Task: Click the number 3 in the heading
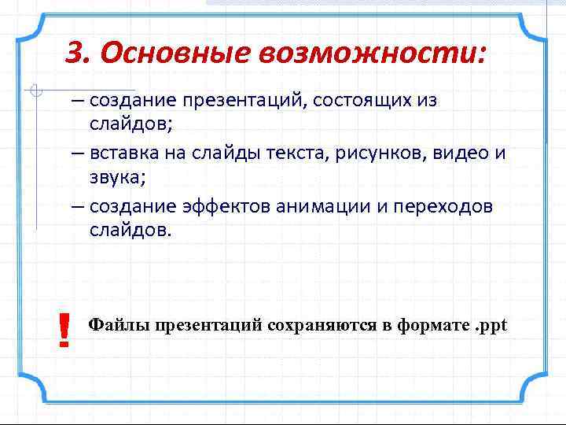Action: pos(75,53)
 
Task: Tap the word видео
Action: pos(454,152)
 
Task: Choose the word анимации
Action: pos(325,205)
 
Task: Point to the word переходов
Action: pos(447,205)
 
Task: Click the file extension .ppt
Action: pos(492,326)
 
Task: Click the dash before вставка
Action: pos(77,153)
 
